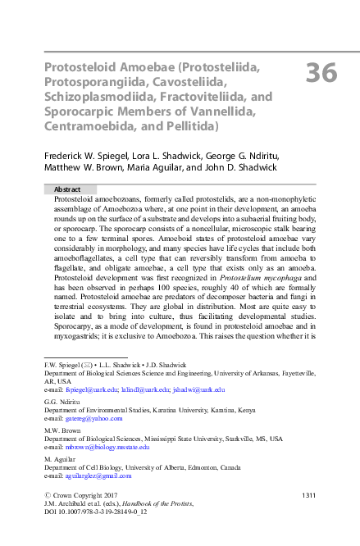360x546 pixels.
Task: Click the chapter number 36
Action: tap(321, 73)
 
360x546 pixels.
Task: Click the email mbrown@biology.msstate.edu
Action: tap(107, 447)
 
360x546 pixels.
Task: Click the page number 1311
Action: tap(309, 495)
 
